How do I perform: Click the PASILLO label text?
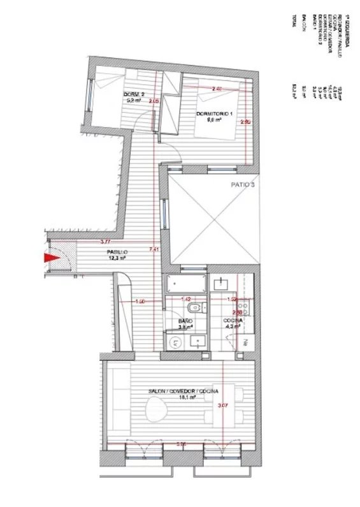pos(117,253)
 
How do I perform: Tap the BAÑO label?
pos(185,321)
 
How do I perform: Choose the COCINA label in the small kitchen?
pos(232,320)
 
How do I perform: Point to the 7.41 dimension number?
pos(152,249)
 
